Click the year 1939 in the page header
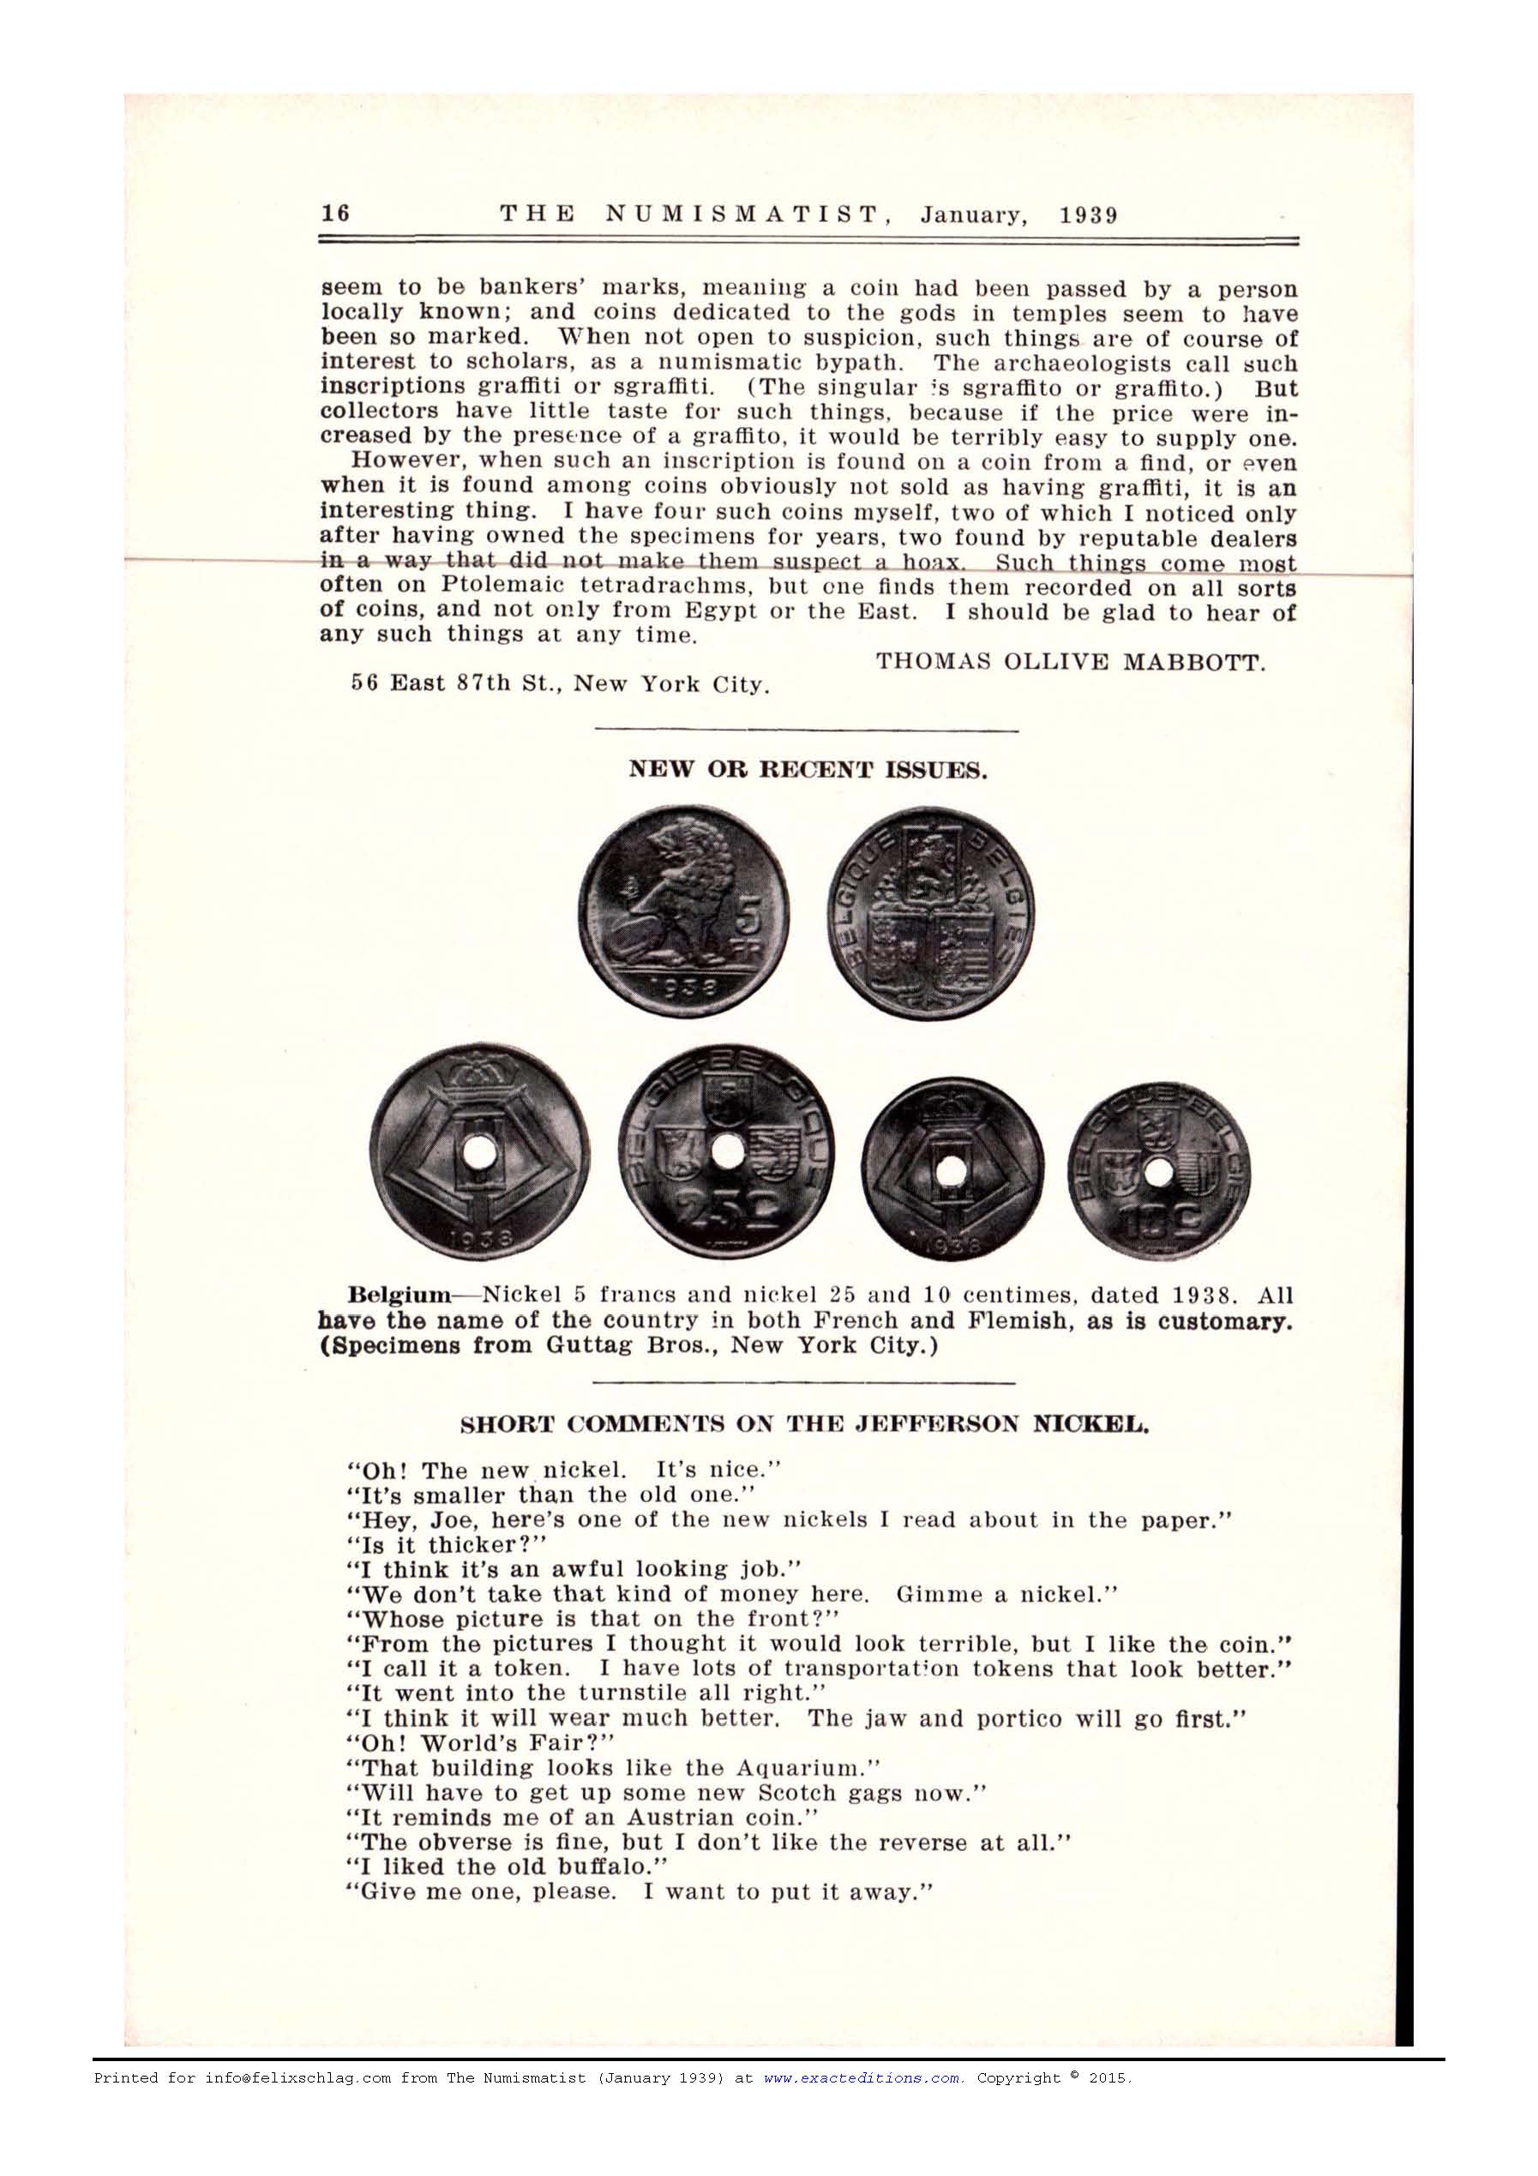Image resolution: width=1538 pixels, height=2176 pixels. click(1089, 214)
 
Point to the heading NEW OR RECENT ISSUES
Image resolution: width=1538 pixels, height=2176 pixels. click(809, 770)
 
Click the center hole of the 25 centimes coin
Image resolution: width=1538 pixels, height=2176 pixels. click(728, 1152)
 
